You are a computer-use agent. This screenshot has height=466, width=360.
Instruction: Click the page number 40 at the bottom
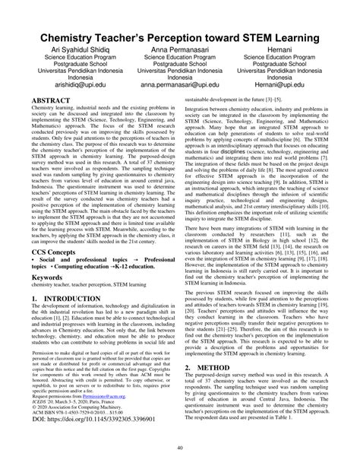179,448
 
